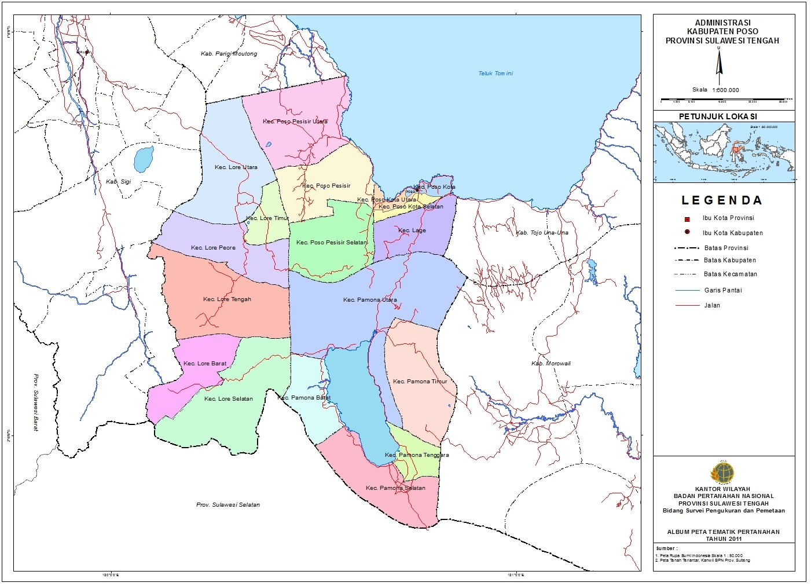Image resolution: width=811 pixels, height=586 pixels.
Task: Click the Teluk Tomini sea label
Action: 496,74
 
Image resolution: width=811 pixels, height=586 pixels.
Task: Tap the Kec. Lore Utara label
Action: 236,167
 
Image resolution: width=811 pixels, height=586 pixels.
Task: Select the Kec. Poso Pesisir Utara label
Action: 295,122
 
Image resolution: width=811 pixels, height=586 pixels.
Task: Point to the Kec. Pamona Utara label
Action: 370,300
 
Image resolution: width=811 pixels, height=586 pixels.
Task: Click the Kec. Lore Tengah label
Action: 227,299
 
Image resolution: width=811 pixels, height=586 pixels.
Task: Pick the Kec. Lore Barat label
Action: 205,364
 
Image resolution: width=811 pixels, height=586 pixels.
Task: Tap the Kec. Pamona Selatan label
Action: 395,488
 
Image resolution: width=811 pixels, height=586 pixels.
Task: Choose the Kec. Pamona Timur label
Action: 420,382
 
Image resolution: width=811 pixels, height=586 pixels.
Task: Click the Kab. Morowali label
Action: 551,364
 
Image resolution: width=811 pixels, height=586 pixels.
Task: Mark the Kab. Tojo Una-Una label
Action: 542,233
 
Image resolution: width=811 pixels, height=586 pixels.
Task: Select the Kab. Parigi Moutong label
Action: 229,54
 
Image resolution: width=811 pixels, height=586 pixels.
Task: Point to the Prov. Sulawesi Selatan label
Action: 228,505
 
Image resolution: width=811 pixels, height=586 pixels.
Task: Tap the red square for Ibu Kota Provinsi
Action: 687,219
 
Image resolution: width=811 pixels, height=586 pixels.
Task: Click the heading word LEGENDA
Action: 721,201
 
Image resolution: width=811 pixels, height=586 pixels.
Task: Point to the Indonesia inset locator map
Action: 724,152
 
